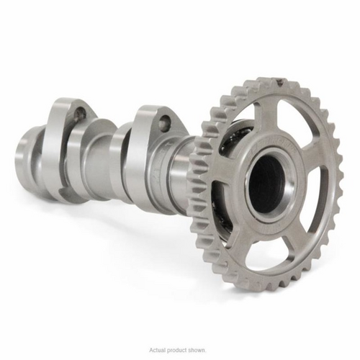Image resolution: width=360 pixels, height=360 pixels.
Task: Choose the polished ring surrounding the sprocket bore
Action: [x=248, y=209]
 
